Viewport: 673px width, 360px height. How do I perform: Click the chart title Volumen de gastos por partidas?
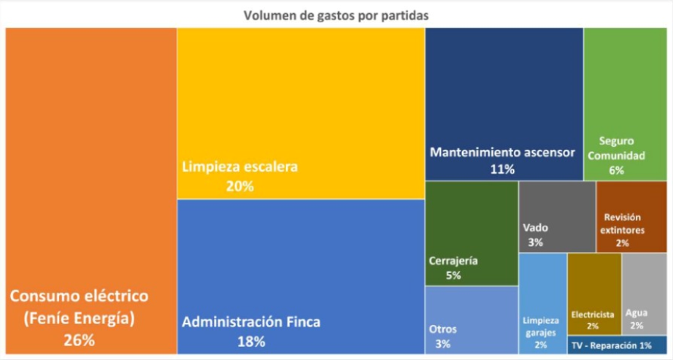click(337, 14)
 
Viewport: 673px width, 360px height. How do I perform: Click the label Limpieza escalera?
click(240, 167)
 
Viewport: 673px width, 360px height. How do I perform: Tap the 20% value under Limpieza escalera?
click(239, 186)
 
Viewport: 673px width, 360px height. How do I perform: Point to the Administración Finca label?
click(251, 321)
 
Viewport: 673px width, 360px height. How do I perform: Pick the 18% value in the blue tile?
click(251, 341)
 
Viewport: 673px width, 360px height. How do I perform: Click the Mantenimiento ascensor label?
click(503, 153)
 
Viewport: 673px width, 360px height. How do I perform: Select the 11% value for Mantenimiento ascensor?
click(503, 169)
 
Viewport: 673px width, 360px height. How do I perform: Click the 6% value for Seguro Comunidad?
click(617, 170)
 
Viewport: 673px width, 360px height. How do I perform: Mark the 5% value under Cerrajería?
click(454, 276)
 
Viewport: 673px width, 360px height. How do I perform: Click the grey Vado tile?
click(557, 215)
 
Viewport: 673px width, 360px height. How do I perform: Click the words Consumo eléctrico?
click(78, 296)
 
